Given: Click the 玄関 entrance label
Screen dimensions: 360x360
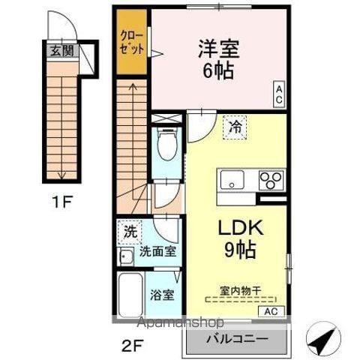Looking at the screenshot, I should pos(61,52).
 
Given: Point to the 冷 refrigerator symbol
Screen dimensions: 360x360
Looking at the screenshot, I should pos(235,128).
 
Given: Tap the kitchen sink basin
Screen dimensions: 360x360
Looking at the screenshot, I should pos(230,181).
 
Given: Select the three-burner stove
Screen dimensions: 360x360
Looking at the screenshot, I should pos(271,181).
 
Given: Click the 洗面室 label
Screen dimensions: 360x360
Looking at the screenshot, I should pos(159,252).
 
